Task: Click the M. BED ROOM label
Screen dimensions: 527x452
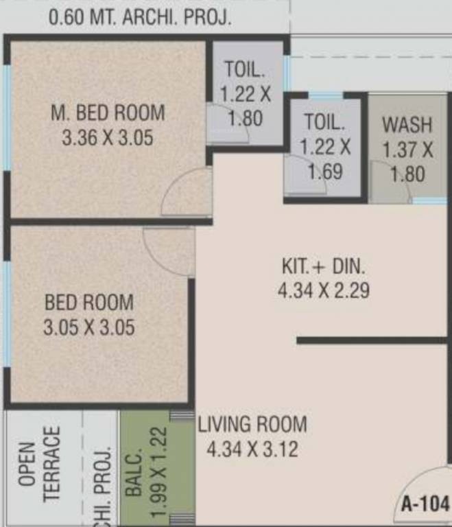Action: pyautogui.click(x=107, y=111)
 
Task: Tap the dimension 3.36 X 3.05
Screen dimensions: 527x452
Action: pyautogui.click(x=107, y=137)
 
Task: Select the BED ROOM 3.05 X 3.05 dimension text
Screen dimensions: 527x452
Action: pyautogui.click(x=89, y=327)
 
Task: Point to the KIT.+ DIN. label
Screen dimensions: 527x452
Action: pyautogui.click(x=324, y=266)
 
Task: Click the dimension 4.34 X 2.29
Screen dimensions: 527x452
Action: pyautogui.click(x=324, y=290)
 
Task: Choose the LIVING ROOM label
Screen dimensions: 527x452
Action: pyautogui.click(x=252, y=424)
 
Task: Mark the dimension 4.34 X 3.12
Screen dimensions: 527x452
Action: pyautogui.click(x=252, y=450)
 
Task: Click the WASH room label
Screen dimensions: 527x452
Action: pyautogui.click(x=407, y=125)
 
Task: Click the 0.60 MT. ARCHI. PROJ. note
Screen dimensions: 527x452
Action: pyautogui.click(x=139, y=17)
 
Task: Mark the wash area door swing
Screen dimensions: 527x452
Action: pyautogui.click(x=388, y=182)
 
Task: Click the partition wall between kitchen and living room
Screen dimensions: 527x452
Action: pyautogui.click(x=371, y=340)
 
